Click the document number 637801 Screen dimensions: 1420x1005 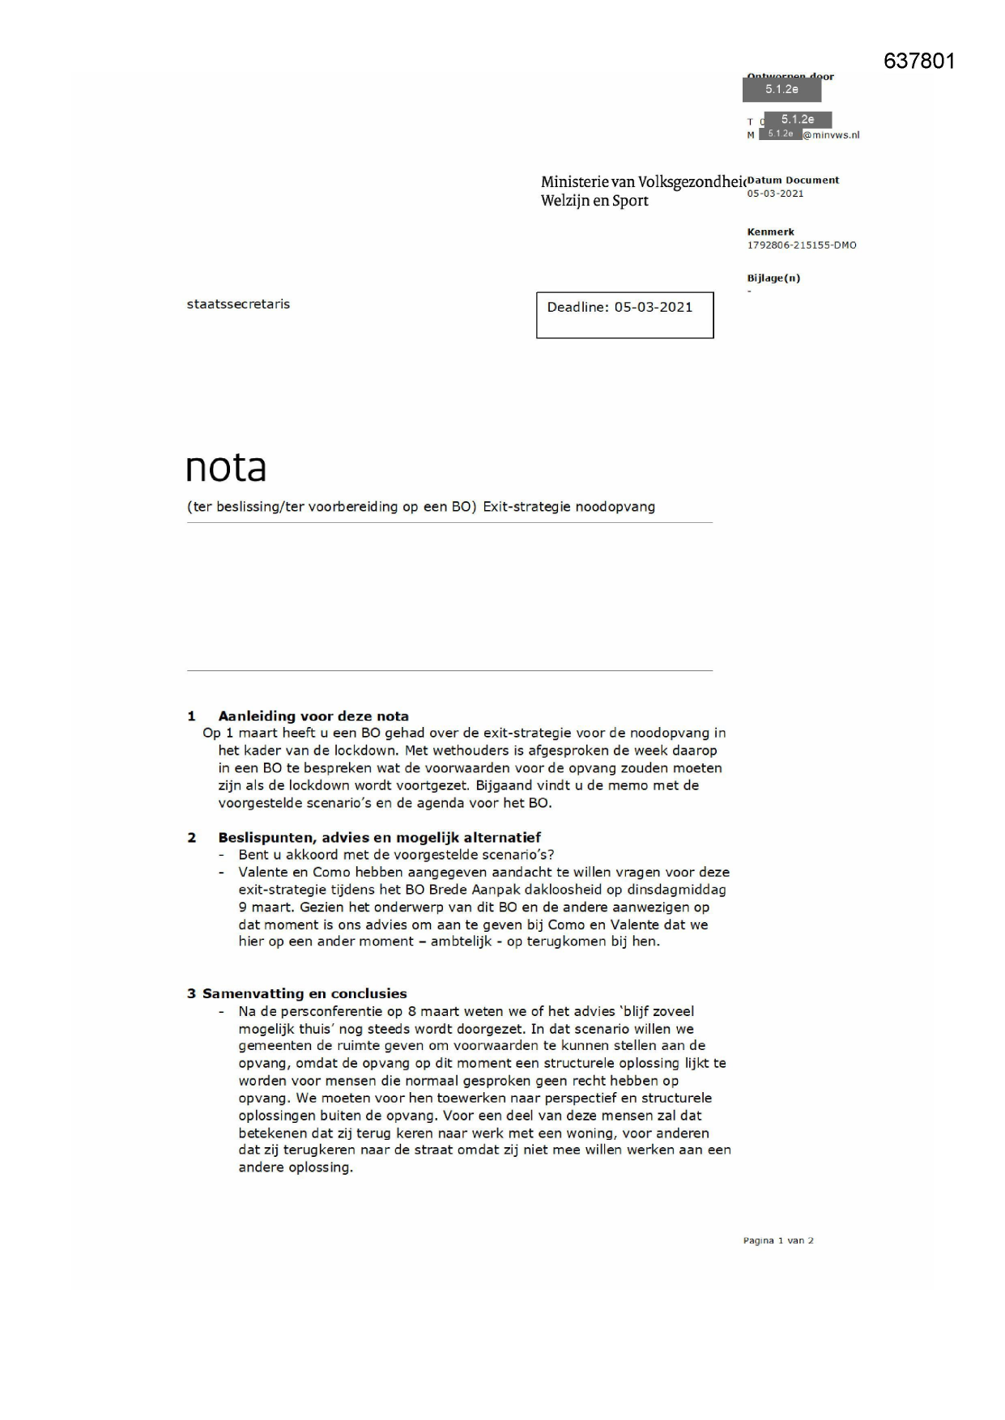coord(919,62)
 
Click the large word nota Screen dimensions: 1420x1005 coord(226,468)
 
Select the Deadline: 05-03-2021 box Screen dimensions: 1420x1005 coord(624,315)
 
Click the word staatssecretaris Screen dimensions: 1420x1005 coord(238,304)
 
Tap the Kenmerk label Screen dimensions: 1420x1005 coord(770,232)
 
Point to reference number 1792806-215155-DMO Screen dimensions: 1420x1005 coord(801,245)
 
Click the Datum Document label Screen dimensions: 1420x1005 coord(794,181)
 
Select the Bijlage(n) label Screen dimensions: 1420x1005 coord(773,278)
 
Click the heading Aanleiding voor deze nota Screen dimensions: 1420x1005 coord(313,716)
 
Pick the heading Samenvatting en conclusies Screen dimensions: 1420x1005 coord(304,993)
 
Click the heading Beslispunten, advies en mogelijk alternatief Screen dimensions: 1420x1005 coord(379,837)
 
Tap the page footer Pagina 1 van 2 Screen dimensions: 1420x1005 coord(777,1240)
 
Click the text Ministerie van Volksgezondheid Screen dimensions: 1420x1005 coord(642,182)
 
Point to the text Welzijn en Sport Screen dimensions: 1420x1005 coord(594,201)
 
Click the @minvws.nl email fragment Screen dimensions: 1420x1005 coord(831,135)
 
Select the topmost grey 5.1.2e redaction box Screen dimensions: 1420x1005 coord(781,89)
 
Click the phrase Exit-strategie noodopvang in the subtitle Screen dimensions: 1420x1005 coord(569,507)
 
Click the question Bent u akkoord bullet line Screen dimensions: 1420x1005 coord(396,855)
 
